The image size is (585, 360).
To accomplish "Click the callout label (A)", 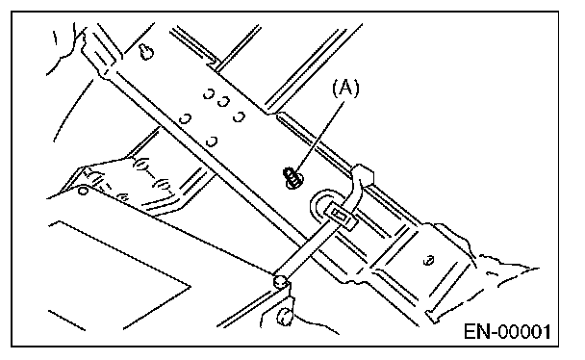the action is click(345, 89).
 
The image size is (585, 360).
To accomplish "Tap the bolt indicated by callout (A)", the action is click(293, 177).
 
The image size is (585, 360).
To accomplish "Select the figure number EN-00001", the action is click(507, 332).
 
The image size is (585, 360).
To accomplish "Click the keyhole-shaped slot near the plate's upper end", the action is click(146, 51).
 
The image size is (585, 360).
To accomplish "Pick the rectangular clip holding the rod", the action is click(342, 218).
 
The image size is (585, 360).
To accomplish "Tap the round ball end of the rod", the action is click(280, 281).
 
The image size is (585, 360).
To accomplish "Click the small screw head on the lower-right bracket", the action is click(429, 260).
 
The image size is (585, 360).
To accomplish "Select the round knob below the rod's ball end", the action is click(284, 317).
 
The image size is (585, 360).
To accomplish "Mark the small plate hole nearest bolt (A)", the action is click(212, 141).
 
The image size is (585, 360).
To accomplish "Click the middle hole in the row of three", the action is click(223, 101).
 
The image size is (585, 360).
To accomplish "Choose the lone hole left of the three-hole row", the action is click(185, 119).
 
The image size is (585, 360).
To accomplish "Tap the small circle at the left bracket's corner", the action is click(83, 191).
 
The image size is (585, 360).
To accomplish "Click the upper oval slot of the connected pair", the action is click(141, 165).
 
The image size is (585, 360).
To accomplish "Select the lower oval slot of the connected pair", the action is click(164, 185).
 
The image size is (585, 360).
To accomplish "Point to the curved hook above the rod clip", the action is click(359, 184).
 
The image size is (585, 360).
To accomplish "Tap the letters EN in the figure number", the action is click(475, 332).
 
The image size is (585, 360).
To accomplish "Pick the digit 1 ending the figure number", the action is click(546, 332).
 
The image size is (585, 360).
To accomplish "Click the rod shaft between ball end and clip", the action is click(304, 250).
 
